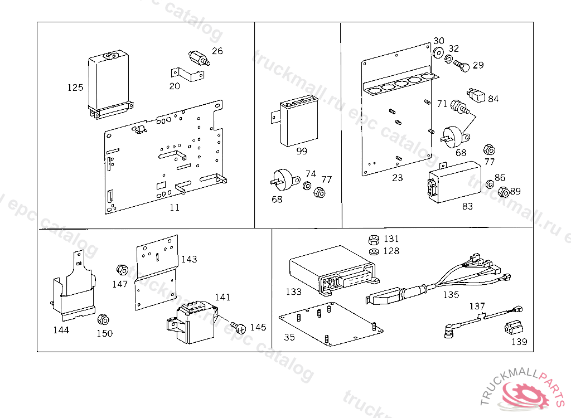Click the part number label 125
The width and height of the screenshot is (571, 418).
coord(75,88)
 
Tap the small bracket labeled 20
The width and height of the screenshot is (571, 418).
coord(187,75)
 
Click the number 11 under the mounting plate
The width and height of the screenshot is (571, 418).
coord(175,207)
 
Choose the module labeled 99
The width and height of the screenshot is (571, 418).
coord(298,121)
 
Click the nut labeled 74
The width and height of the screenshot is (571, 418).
coord(307,185)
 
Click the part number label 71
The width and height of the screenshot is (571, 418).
coord(442,104)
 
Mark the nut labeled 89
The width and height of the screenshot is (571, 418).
coord(502,192)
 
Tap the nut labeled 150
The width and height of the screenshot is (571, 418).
coord(103,320)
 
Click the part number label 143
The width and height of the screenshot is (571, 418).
coord(189,259)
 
